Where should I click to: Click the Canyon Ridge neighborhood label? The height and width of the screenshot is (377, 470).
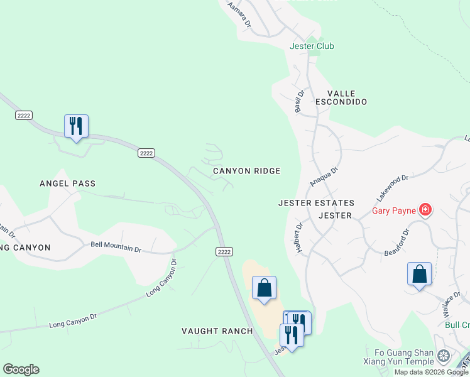pos(246,171)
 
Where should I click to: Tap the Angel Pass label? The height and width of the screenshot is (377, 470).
pos(67,183)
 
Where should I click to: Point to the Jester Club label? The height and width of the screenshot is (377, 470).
pos(312,46)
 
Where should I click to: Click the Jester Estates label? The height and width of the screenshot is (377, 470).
pos(317,203)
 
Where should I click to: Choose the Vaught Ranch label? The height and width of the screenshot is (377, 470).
pos(217,331)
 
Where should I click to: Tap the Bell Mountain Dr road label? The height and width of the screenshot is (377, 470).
pos(116,247)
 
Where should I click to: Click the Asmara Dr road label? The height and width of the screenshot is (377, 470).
pos(239,14)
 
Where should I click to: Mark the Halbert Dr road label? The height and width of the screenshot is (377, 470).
pos(299,238)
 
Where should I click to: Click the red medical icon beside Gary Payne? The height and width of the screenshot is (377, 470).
pos(425,210)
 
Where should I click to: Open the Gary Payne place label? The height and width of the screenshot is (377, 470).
pos(395,210)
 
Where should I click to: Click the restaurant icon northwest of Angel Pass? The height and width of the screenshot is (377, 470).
pos(76,126)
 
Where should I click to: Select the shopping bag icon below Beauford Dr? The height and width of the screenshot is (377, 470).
pos(419,275)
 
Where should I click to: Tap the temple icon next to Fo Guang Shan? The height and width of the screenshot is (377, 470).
pos(444,357)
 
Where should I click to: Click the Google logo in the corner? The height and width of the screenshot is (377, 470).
pos(21,369)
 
